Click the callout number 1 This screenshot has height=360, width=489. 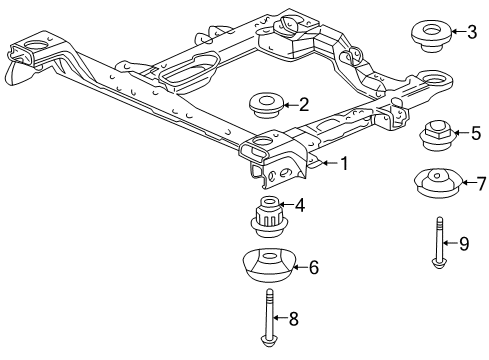(x=343, y=163)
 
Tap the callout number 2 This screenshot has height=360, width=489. (x=304, y=103)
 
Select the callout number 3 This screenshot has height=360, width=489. (x=471, y=32)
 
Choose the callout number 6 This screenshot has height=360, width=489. (x=313, y=268)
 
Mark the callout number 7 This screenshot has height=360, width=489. (x=480, y=184)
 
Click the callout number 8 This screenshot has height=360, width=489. (x=293, y=320)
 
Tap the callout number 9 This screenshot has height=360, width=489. (x=463, y=243)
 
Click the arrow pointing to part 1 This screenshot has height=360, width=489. (x=325, y=163)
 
